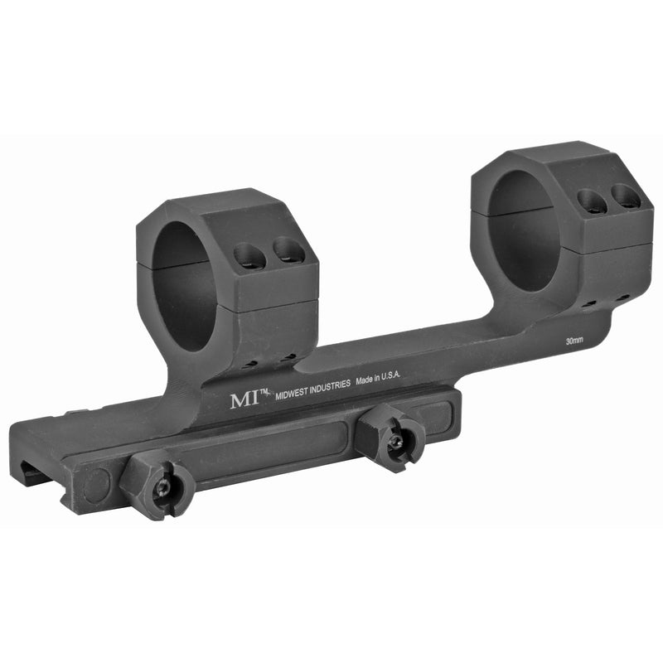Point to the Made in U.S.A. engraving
pos(378,377)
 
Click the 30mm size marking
pos(573,341)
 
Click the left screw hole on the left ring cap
pos(249,257)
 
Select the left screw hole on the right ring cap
pos(590,201)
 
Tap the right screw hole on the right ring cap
pos(625,196)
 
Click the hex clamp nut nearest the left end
pos(159,487)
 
